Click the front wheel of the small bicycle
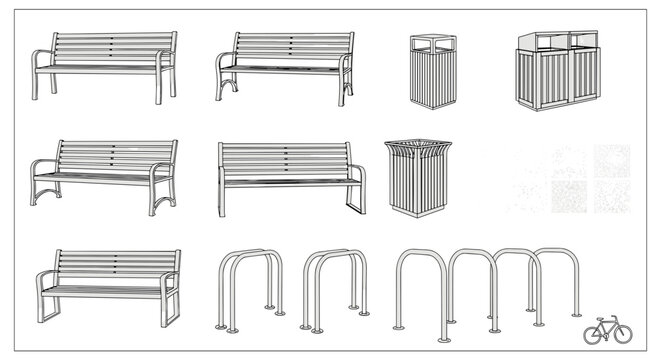point(622,334)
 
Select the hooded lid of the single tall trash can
point(433,43)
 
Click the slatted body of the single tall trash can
point(433,80)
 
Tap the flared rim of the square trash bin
point(418,148)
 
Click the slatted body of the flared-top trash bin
point(418,185)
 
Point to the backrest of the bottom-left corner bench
point(115,264)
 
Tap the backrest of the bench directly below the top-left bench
point(116,155)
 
